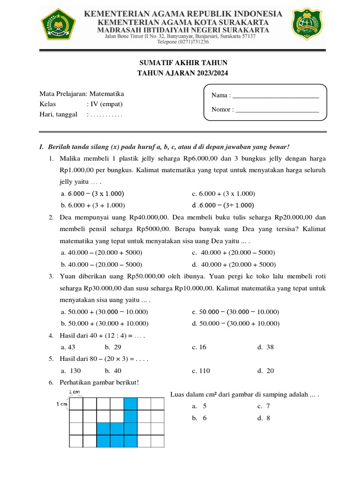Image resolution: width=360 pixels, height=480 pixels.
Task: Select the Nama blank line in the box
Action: click(x=276, y=96)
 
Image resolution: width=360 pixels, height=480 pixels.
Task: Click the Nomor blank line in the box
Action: click(x=277, y=110)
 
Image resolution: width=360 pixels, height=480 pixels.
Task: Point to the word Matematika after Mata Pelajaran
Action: click(x=106, y=94)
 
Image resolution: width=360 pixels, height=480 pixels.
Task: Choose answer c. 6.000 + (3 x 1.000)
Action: click(x=223, y=194)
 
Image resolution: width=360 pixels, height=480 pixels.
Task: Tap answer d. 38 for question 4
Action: click(x=265, y=347)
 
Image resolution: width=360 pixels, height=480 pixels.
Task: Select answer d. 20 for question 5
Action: click(x=265, y=371)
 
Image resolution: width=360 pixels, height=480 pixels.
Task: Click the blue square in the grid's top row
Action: click(x=131, y=404)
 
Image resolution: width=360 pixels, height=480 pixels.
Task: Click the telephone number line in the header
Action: click(x=183, y=42)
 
